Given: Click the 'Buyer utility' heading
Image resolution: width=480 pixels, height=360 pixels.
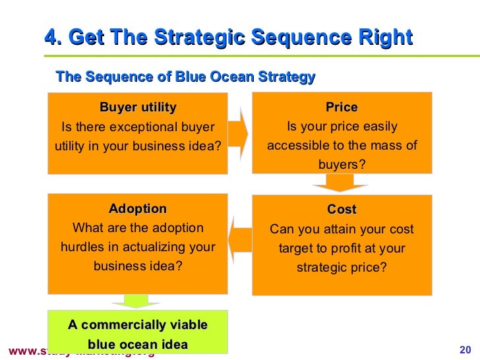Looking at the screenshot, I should tap(138, 107).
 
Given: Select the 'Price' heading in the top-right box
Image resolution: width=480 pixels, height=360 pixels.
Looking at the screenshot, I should tap(342, 107).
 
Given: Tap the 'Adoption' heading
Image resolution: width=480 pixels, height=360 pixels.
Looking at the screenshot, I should tap(138, 209).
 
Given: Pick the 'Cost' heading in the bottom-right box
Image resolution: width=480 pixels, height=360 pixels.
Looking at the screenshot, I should tap(342, 210).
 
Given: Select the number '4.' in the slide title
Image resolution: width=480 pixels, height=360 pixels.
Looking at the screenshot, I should tap(53, 38).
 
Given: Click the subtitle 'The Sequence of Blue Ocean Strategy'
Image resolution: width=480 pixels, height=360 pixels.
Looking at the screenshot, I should tap(186, 77).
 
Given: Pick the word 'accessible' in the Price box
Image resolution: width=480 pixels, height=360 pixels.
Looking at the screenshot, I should tap(297, 145).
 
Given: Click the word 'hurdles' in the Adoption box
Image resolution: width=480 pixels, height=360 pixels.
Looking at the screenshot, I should tap(83, 247).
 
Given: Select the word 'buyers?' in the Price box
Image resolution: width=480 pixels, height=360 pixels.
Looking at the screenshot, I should tap(342, 164).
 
